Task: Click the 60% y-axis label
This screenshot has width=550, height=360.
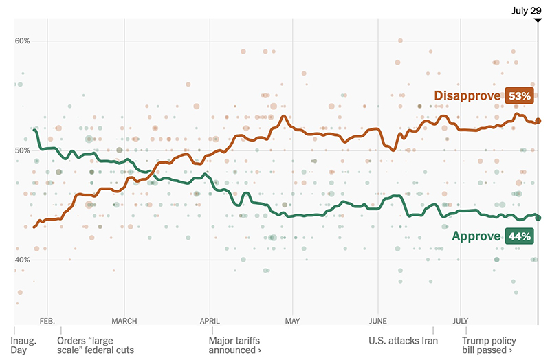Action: tap(22, 41)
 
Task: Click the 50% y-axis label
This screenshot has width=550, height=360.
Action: tap(22, 150)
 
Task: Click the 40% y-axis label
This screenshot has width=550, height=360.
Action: tap(22, 260)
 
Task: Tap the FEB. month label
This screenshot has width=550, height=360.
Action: tap(47, 320)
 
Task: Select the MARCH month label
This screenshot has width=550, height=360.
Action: tap(124, 320)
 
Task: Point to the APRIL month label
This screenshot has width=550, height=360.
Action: tap(209, 320)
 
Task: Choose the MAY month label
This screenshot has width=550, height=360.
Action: tap(293, 320)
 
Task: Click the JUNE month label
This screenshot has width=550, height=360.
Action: tap(378, 320)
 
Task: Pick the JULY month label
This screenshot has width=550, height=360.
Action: tap(461, 320)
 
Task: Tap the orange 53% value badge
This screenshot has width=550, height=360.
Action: tap(519, 96)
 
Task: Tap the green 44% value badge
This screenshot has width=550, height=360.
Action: tap(519, 236)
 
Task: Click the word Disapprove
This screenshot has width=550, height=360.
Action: tap(467, 96)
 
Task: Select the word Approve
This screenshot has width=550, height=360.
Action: tap(476, 236)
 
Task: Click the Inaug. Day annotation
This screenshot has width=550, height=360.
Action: tap(25, 345)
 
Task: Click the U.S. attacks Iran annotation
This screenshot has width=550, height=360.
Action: tap(403, 340)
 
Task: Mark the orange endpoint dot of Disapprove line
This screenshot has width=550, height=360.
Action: tap(538, 121)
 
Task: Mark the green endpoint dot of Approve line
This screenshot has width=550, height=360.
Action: tap(538, 218)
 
